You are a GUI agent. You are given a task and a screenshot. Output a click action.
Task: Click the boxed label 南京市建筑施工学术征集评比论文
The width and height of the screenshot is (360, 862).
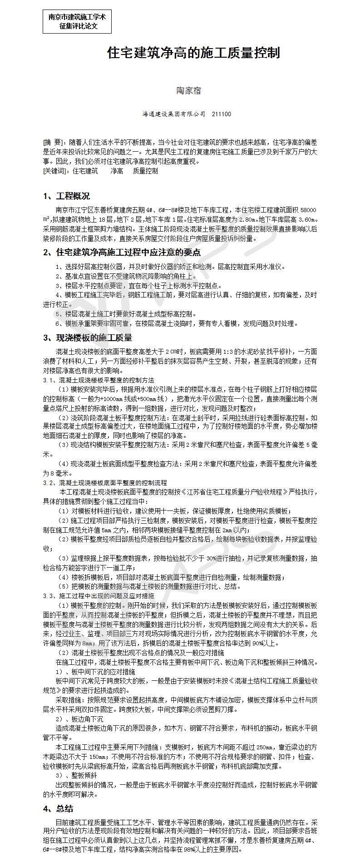pyautogui.click(x=77, y=21)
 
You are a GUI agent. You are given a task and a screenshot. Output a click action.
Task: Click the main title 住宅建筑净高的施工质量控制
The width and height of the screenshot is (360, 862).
pyautogui.click(x=193, y=53)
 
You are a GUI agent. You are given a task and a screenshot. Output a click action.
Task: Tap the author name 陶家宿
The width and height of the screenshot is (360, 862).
pyautogui.click(x=188, y=91)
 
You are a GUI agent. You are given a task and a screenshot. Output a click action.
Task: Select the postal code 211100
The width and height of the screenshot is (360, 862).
pyautogui.click(x=221, y=114)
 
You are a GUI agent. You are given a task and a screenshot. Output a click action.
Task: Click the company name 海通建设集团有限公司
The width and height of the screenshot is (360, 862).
pyautogui.click(x=173, y=114)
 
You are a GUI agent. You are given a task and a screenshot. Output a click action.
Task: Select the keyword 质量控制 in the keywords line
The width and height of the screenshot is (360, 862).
pyautogui.click(x=145, y=171)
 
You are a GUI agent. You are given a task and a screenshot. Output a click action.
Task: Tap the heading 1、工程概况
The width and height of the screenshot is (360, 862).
pyautogui.click(x=66, y=196)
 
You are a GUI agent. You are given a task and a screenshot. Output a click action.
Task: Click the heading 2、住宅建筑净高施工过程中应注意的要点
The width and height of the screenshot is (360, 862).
pyautogui.click(x=122, y=253)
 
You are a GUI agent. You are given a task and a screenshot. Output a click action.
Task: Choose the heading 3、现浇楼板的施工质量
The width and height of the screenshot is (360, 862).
pyautogui.click(x=88, y=338)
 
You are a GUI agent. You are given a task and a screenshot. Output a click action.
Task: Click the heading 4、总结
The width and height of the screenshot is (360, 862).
pyautogui.click(x=58, y=809)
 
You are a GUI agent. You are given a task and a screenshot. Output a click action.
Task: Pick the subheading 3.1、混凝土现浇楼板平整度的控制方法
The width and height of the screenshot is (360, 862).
pyautogui.click(x=99, y=380)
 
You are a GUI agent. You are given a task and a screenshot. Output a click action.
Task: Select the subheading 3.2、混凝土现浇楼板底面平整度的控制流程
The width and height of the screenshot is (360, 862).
pyautogui.click(x=105, y=483)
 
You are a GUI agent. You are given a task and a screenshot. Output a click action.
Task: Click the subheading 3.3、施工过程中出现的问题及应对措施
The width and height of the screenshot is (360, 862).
pyautogui.click(x=99, y=595)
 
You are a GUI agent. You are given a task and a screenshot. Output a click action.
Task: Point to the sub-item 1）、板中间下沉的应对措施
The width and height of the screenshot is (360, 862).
pyautogui.click(x=95, y=671)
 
